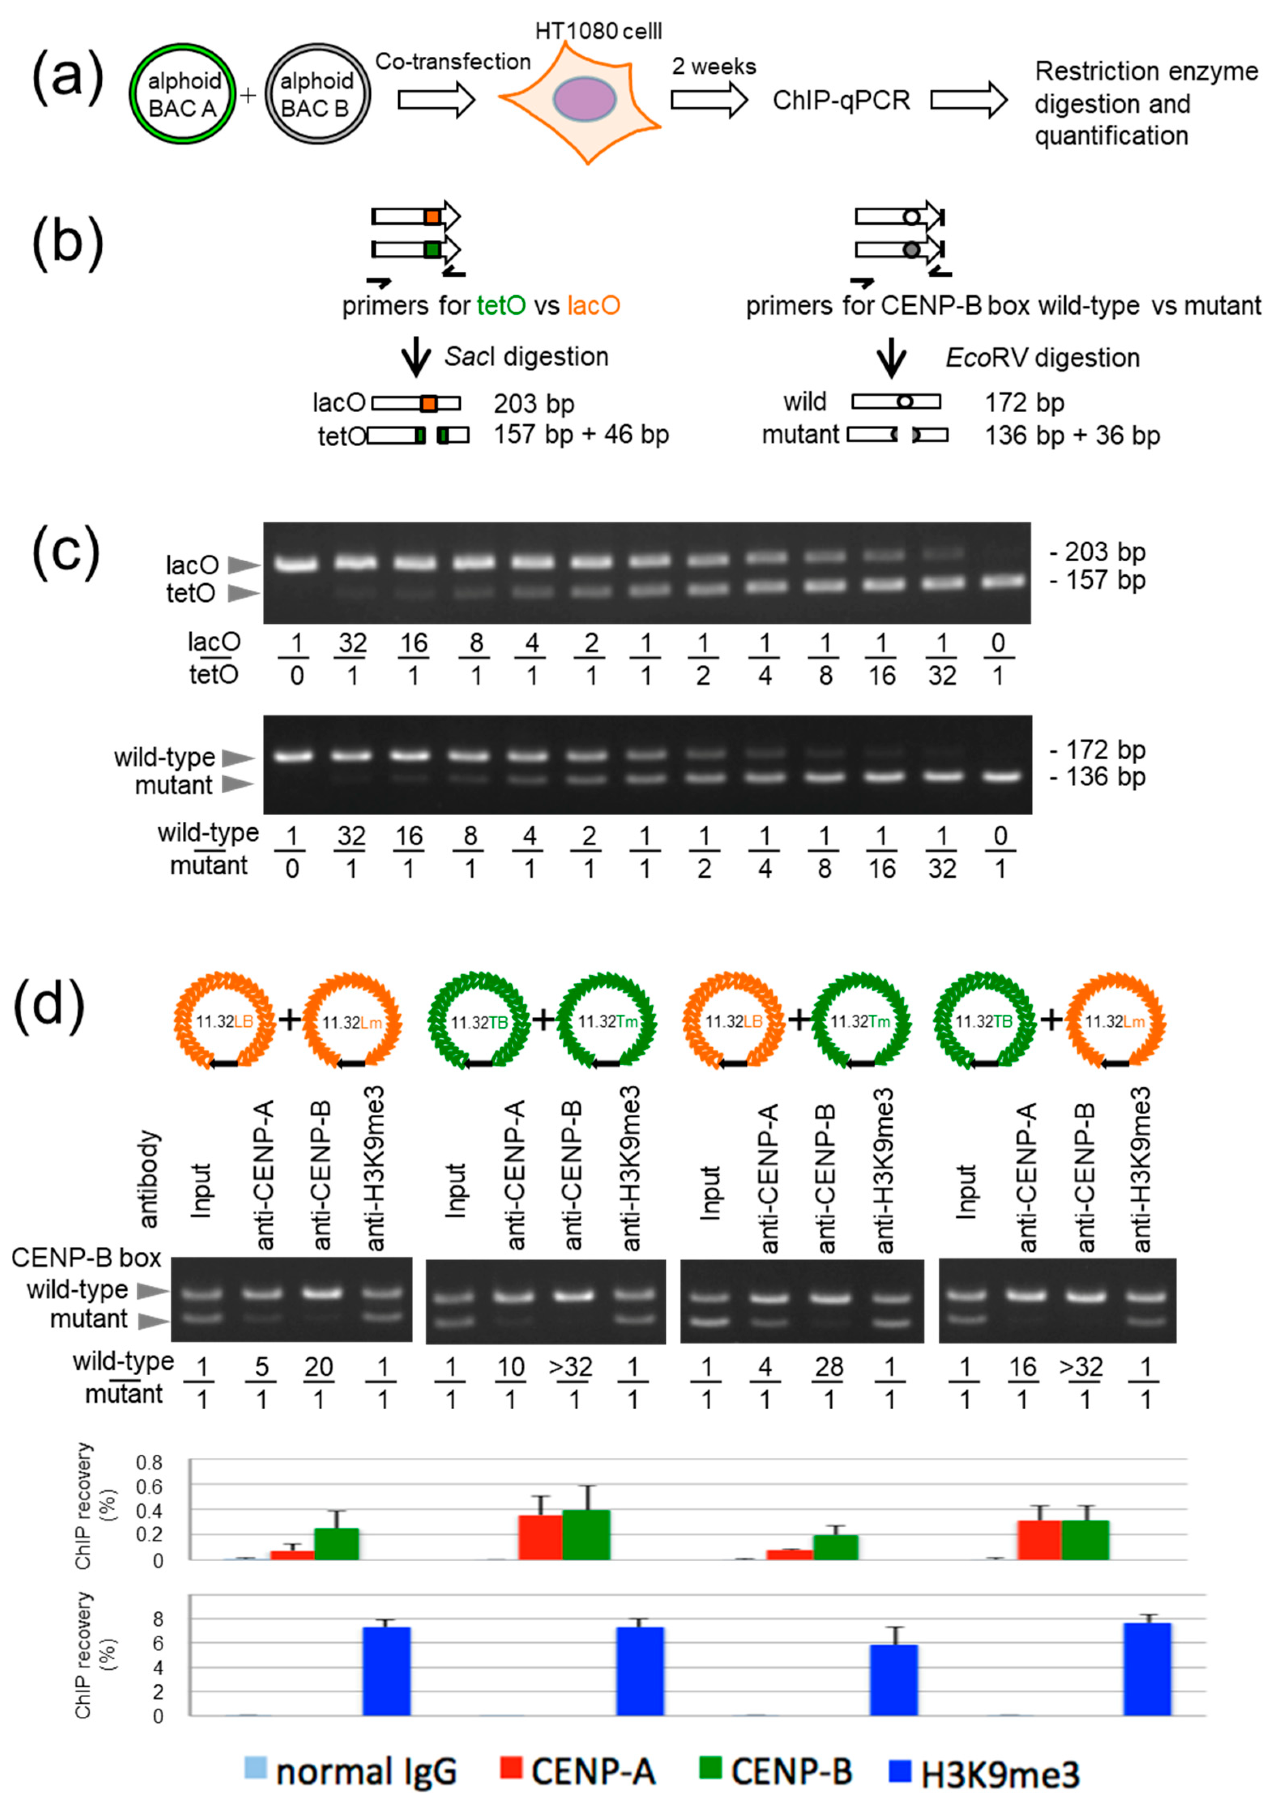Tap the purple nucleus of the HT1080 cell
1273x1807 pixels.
tap(584, 99)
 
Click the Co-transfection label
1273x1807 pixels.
tap(453, 62)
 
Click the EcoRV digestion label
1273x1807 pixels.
tap(1042, 358)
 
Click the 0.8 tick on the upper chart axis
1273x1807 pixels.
tap(150, 1463)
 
